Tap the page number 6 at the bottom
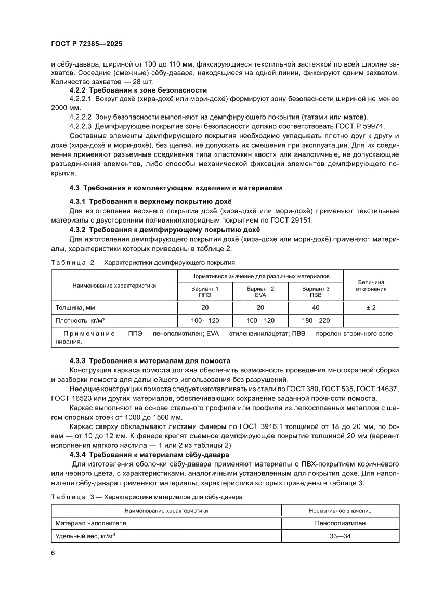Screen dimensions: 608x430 pyautogui.click(x=53, y=552)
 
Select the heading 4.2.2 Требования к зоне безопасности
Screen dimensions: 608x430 pyautogui.click(x=138, y=90)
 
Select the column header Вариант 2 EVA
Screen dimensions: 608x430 pyautogui.click(x=260, y=291)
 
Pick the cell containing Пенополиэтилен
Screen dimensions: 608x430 pyautogui.click(x=340, y=523)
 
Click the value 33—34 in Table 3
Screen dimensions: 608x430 pyautogui.click(x=340, y=536)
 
